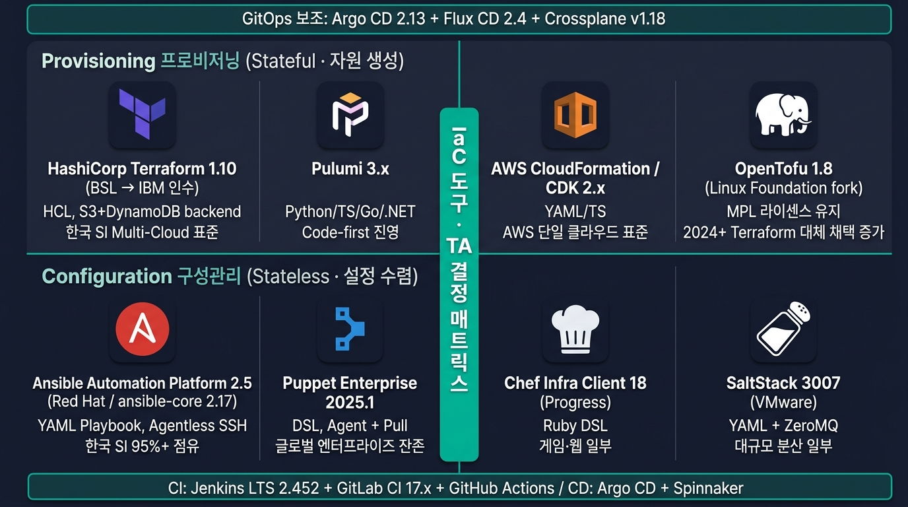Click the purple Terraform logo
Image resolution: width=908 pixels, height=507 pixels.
(142, 114)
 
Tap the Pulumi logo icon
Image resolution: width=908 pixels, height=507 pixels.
(350, 114)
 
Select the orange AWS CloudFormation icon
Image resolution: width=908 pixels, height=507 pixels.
(575, 115)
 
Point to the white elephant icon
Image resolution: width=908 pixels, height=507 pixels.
(783, 115)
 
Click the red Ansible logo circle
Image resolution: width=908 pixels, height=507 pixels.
(143, 329)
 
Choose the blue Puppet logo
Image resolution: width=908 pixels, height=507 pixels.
(350, 329)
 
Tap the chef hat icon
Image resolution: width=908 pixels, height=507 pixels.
(575, 329)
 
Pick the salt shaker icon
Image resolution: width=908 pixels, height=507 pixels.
(783, 329)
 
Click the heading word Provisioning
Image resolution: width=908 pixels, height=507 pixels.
(98, 61)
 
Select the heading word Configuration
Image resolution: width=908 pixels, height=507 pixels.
(107, 276)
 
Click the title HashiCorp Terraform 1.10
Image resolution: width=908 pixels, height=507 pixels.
(142, 169)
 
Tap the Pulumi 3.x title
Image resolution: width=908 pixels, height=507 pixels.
(350, 169)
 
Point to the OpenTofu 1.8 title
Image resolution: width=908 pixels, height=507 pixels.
(783, 169)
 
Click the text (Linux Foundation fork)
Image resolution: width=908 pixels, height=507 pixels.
(783, 188)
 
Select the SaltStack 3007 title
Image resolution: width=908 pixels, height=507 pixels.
(783, 384)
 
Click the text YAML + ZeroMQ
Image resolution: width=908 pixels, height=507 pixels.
(783, 426)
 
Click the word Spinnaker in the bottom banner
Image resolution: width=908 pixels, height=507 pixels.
(708, 489)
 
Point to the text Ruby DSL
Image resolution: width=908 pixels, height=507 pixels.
(575, 426)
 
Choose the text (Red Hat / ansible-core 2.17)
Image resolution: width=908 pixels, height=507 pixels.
(143, 401)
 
